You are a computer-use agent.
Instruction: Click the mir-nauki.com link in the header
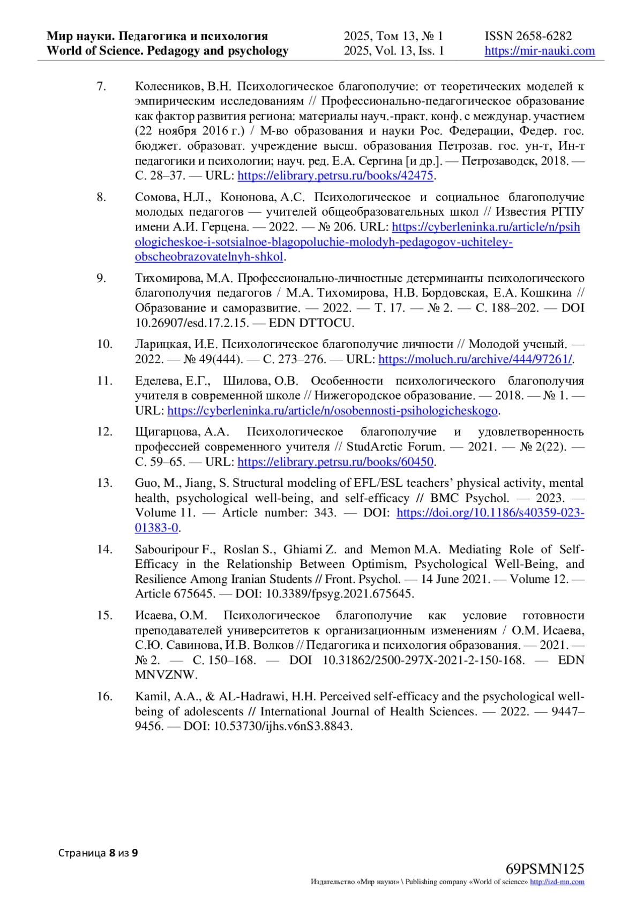click(x=540, y=51)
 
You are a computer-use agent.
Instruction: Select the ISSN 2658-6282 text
click(x=528, y=36)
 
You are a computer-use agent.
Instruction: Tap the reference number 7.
click(x=101, y=86)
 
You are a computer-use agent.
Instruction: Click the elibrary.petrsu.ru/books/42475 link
click(x=335, y=175)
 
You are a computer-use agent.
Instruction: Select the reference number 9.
click(x=101, y=278)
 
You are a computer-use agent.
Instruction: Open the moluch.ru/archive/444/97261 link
click(x=475, y=359)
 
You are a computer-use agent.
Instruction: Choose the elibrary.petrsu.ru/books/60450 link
click(x=335, y=462)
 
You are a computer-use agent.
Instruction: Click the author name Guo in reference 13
click(x=146, y=483)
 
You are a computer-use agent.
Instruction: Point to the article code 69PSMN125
click(x=545, y=869)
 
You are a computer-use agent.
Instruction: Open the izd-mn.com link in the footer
click(x=557, y=882)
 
